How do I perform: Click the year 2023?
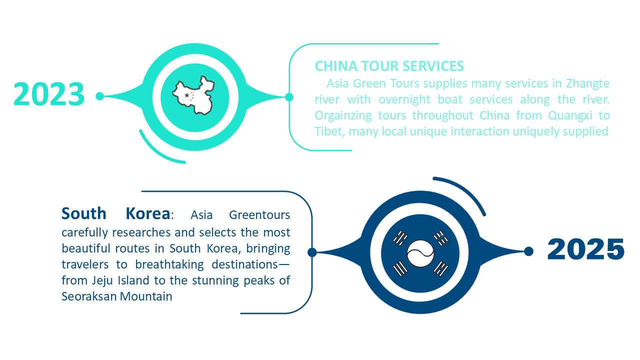pos(49,94)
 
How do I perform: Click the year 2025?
pos(586,249)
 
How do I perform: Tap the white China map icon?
pos(193,95)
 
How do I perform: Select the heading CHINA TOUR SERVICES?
pos(389,66)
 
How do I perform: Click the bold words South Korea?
pos(115,214)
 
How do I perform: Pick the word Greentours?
pos(259,215)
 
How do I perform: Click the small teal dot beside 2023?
pos(99,96)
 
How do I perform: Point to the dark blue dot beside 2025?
pos(528,251)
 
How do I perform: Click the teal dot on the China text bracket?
pos(288,96)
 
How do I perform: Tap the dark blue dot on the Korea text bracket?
pos(312,252)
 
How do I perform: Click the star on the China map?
pos(187,95)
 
